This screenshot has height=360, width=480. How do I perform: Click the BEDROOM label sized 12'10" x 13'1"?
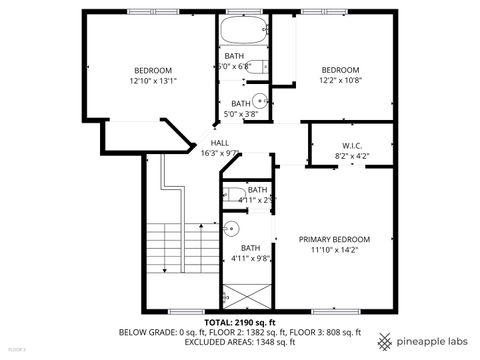[154, 70]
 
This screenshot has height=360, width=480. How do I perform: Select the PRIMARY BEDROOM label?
[335, 239]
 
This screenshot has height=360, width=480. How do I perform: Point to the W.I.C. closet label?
[351, 145]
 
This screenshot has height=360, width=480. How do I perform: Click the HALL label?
[220, 143]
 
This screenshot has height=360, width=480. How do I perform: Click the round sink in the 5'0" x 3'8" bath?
[258, 100]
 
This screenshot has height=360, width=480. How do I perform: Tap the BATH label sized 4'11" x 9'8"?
[250, 247]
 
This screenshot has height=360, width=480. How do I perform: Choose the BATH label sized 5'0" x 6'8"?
[234, 56]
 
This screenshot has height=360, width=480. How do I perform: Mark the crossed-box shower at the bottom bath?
[244, 296]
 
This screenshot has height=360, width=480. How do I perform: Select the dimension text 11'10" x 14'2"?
[335, 250]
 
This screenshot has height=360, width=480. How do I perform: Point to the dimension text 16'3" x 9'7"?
[220, 153]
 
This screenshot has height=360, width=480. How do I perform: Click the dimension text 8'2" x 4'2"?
[351, 156]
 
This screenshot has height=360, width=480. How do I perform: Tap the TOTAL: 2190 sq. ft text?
[240, 322]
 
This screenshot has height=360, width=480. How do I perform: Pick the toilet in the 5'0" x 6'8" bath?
[255, 67]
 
